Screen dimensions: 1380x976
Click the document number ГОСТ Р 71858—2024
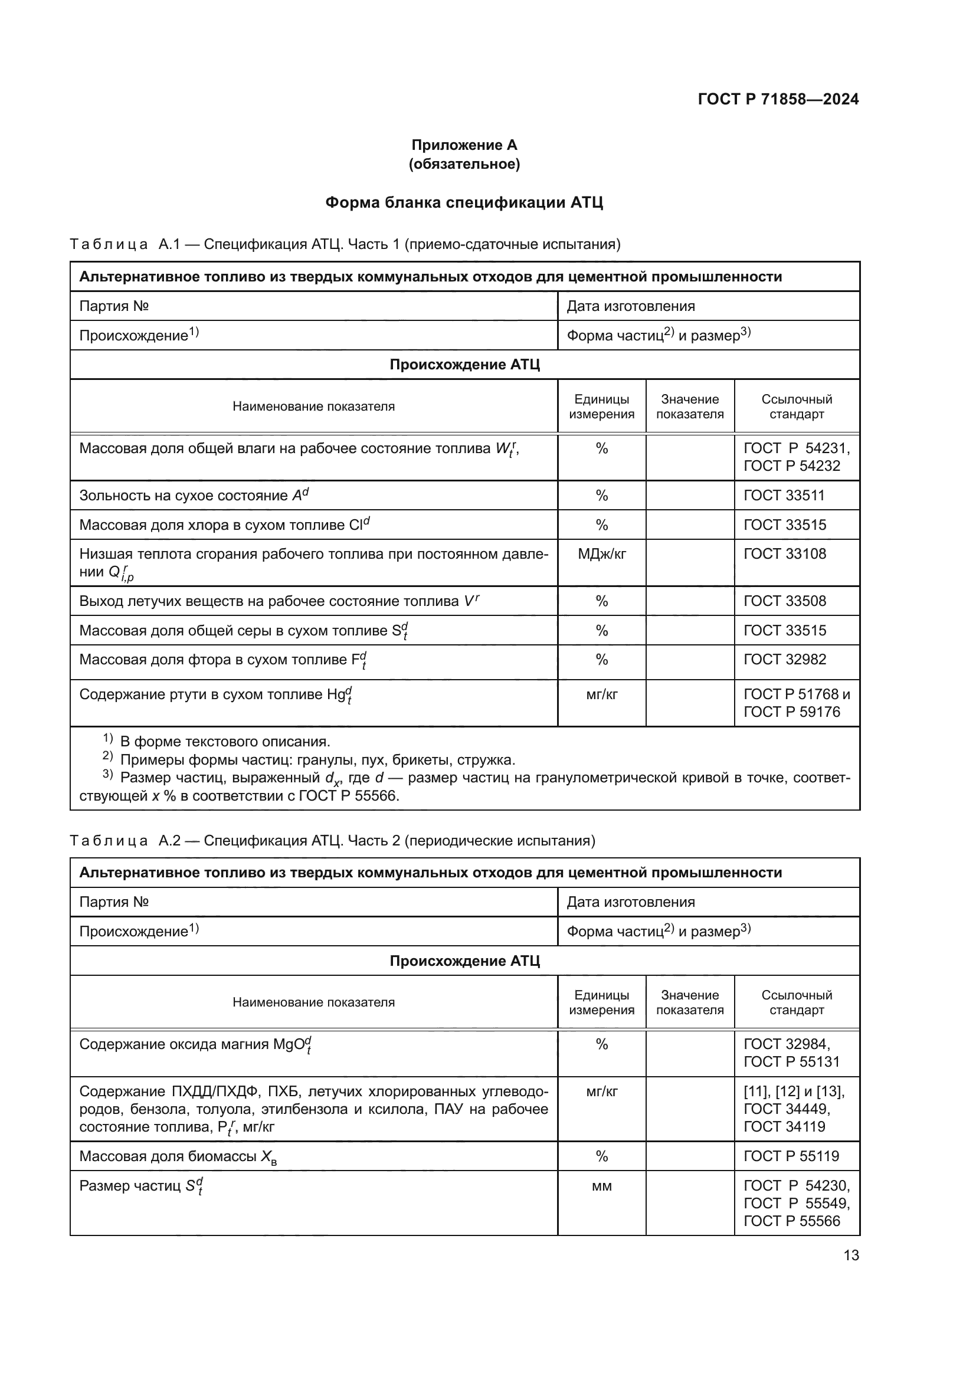click(x=778, y=99)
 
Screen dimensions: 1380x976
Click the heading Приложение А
click(x=464, y=145)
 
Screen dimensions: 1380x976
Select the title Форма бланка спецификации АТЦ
click(x=464, y=202)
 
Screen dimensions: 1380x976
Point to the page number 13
click(x=851, y=1256)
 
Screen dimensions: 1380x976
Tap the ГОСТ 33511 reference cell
click(x=784, y=495)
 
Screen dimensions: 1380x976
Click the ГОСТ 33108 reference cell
click(x=785, y=553)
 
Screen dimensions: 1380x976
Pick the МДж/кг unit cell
click(x=601, y=553)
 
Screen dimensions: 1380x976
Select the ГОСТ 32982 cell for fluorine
click(x=785, y=660)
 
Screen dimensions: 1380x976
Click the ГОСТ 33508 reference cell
click(x=785, y=601)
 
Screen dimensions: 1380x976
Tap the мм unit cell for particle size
click(x=601, y=1186)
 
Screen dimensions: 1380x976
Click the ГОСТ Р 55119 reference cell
click(x=791, y=1156)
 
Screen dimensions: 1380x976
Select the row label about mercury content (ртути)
click(x=215, y=696)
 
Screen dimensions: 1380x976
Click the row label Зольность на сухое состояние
click(x=194, y=496)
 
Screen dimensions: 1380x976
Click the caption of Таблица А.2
click(x=332, y=840)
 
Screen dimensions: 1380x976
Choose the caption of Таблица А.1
click(x=345, y=244)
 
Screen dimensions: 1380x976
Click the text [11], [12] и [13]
click(x=794, y=1091)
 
